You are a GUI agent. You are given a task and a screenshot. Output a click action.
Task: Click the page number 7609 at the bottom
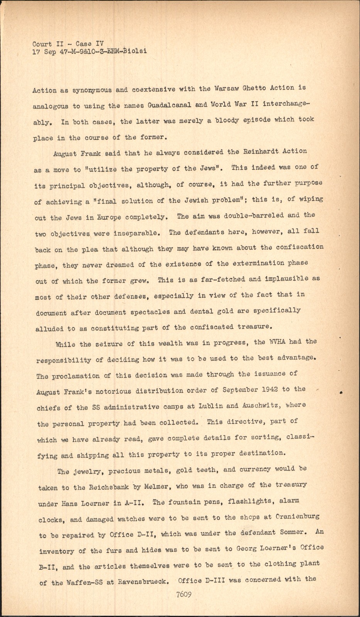(x=183, y=594)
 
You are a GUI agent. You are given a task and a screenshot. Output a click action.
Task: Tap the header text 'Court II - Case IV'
(x=68, y=44)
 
